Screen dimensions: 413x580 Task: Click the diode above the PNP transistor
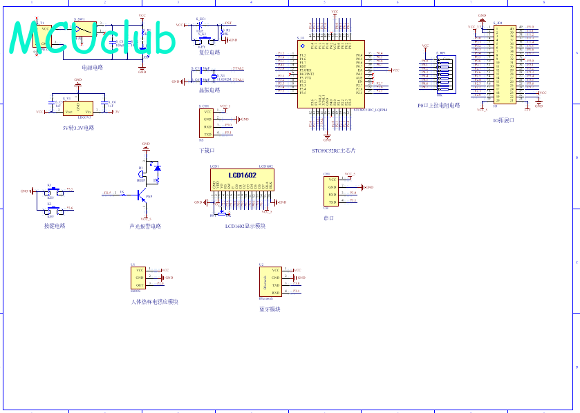pyautogui.click(x=158, y=168)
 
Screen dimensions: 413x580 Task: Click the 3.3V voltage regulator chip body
pyautogui.click(x=77, y=108)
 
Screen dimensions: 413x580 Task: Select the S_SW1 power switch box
pyautogui.click(x=85, y=28)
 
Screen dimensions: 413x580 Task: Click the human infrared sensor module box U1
pyautogui.click(x=139, y=278)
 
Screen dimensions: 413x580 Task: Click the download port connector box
pyautogui.click(x=207, y=124)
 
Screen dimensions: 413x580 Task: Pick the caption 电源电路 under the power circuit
pyautogui.click(x=92, y=68)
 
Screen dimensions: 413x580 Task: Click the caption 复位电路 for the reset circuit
pyautogui.click(x=209, y=52)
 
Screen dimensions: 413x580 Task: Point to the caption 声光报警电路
pyautogui.click(x=145, y=226)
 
